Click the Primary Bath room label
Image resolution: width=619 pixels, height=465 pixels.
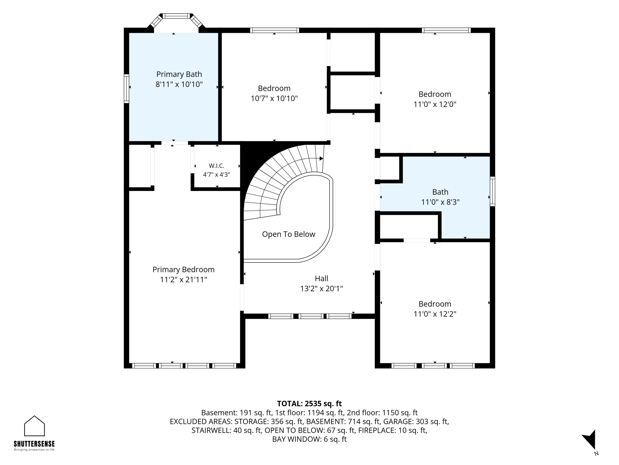click(179, 74)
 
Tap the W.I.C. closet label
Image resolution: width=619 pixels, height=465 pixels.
click(217, 166)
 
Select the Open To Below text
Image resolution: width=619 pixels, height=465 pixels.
click(289, 234)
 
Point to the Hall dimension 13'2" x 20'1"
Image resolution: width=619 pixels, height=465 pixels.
click(322, 288)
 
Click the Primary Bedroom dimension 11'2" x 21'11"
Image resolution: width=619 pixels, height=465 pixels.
click(184, 279)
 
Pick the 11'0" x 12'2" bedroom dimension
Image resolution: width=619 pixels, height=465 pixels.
click(435, 314)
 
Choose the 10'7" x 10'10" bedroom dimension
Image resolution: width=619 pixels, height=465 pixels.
click(274, 98)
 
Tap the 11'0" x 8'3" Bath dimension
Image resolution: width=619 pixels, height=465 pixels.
click(440, 202)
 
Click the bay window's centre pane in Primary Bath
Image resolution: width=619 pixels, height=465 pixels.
click(177, 16)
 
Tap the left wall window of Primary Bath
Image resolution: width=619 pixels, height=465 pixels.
click(127, 89)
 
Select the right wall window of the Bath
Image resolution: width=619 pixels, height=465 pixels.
click(492, 191)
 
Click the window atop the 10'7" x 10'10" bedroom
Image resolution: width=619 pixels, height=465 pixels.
click(275, 30)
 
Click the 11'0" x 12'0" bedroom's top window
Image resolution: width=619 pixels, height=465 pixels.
click(446, 30)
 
